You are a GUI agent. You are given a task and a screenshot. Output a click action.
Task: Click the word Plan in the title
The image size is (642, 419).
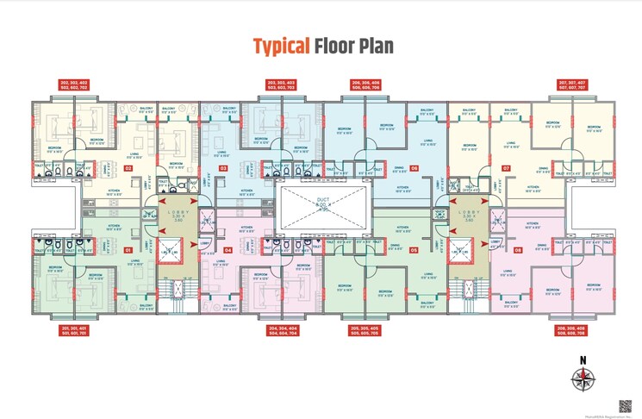tap(375, 46)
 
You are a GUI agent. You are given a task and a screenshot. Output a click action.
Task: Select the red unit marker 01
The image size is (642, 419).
tap(128, 250)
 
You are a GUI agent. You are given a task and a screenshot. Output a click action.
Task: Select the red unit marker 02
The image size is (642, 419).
tap(128, 169)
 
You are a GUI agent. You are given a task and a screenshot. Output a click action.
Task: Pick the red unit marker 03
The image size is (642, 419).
tap(223, 169)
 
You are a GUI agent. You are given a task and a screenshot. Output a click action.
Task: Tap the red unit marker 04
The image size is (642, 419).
tap(228, 250)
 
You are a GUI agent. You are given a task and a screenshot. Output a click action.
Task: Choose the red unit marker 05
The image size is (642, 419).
tap(414, 250)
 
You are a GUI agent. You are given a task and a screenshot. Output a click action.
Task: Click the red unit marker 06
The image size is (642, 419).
tap(414, 169)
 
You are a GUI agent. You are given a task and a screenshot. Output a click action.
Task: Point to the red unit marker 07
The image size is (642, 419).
tap(507, 169)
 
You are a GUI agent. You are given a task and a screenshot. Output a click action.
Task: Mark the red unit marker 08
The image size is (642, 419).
tap(518, 250)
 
